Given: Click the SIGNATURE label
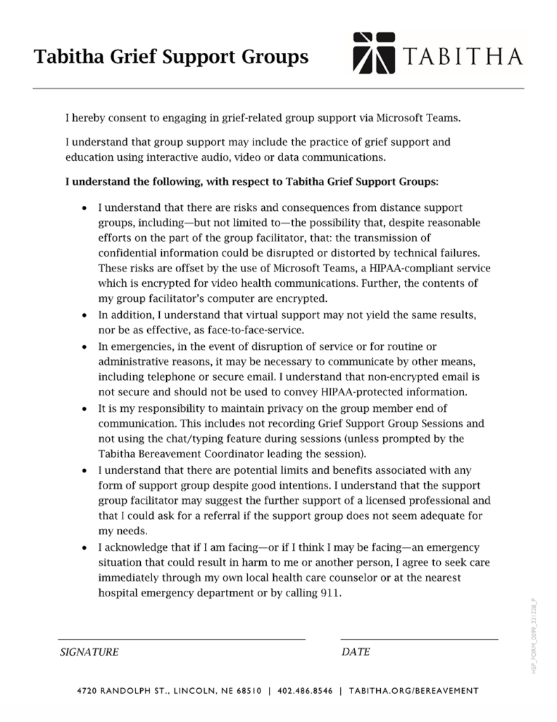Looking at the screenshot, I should [89, 651].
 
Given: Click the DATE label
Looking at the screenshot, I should [356, 651].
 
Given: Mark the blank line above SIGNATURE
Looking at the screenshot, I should [182, 639].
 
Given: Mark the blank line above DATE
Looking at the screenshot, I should [419, 639].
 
